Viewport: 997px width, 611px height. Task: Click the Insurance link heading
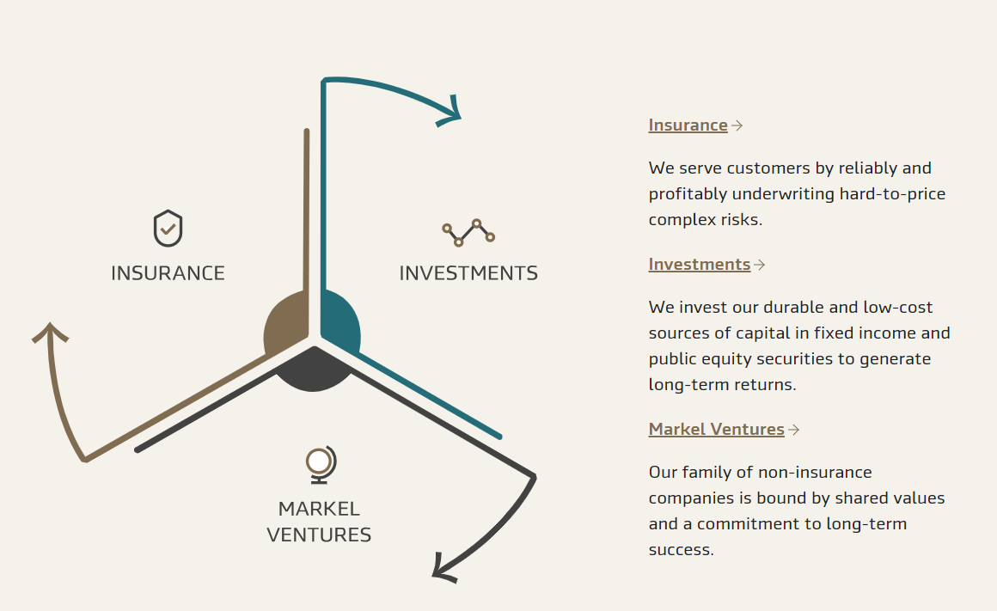pos(688,125)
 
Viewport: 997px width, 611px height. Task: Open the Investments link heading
pos(699,265)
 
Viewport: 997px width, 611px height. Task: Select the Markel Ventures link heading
pos(716,430)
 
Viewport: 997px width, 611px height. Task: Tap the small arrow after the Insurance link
pos(737,125)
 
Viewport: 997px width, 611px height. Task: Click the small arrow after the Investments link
pos(759,265)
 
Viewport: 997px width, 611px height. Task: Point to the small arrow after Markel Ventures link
pos(793,430)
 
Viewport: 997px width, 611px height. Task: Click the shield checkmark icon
pos(168,229)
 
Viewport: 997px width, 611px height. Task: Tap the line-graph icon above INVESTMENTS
pos(468,232)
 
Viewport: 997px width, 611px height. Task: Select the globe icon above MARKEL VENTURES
pos(321,465)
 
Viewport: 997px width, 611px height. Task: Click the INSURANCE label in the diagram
pos(168,273)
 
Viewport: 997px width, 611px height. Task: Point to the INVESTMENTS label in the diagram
pos(468,273)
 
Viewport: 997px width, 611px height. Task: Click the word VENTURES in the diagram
pos(319,535)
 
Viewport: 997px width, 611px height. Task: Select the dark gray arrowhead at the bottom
pos(443,567)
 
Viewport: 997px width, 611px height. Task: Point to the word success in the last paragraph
pos(680,550)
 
